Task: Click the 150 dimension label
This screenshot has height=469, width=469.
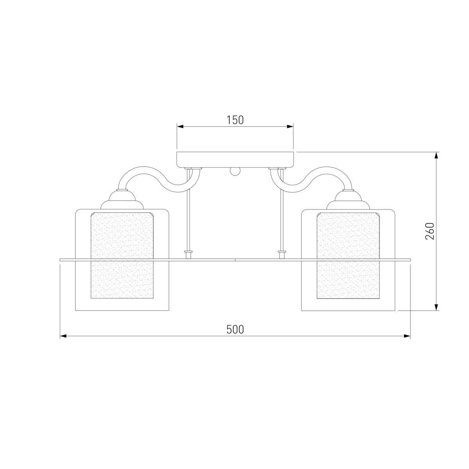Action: point(235,120)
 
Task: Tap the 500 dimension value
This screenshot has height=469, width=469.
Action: point(235,329)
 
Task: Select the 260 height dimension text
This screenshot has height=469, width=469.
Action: point(430,231)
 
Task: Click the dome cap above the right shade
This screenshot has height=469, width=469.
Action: point(348,200)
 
